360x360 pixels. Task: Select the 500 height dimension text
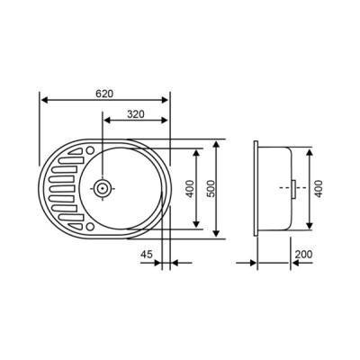pyautogui.click(x=211, y=190)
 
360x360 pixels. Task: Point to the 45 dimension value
pyautogui.click(x=147, y=254)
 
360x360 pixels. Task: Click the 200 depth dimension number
pyautogui.click(x=303, y=254)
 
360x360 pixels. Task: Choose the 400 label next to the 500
pyautogui.click(x=189, y=190)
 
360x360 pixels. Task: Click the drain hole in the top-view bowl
pyautogui.click(x=104, y=189)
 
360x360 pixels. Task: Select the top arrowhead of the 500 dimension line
pyautogui.click(x=219, y=143)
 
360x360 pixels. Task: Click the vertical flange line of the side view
pyautogui.click(x=256, y=189)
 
